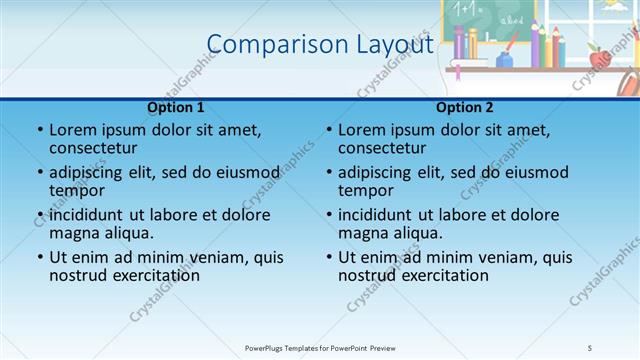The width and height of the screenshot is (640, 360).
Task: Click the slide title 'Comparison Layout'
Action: [x=319, y=44]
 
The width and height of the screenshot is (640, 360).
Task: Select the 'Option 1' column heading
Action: [x=175, y=107]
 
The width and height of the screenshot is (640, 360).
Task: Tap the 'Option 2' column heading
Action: [x=464, y=107]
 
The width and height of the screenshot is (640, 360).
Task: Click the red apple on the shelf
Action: [x=598, y=59]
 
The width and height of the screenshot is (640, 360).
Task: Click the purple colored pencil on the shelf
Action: [x=458, y=45]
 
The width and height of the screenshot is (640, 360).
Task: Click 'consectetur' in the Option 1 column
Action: [x=95, y=148]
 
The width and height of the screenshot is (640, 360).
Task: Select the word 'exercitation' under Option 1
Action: [x=153, y=275]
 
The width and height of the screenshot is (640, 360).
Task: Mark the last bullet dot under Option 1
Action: [x=40, y=257]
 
